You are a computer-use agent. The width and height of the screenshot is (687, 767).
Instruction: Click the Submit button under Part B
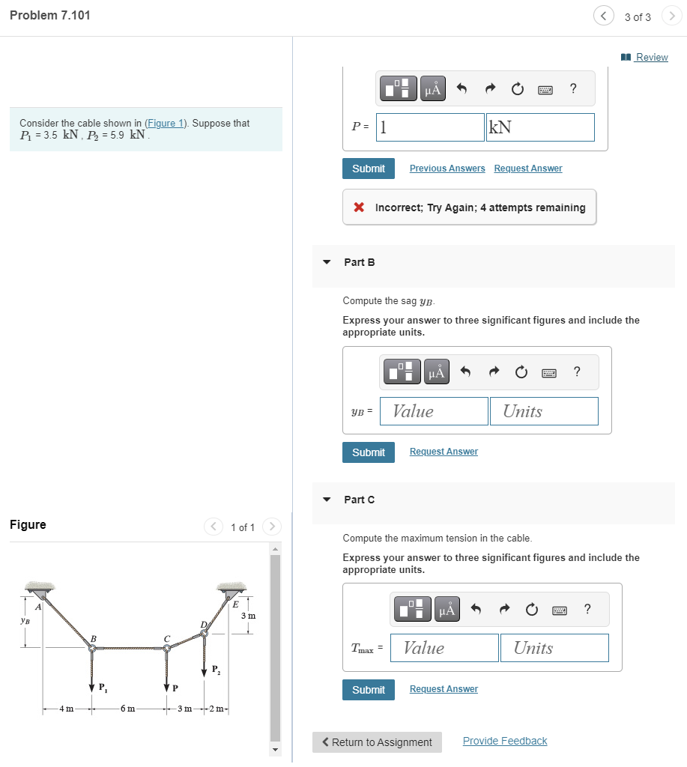tap(369, 452)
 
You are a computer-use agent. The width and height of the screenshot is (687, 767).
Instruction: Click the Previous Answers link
tap(447, 169)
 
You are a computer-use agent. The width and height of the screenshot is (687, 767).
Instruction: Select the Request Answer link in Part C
tap(444, 689)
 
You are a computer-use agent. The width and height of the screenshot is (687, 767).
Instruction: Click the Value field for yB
tap(434, 411)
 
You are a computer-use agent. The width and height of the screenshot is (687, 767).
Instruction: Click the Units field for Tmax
tap(554, 649)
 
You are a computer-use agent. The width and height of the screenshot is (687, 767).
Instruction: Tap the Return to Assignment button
tap(377, 742)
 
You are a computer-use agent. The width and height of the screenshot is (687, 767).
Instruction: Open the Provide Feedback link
tap(505, 741)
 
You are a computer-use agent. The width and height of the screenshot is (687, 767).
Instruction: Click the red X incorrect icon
tap(360, 207)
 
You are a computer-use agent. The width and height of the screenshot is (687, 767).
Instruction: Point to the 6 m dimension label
tap(128, 709)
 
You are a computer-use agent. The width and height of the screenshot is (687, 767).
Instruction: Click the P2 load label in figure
tap(216, 669)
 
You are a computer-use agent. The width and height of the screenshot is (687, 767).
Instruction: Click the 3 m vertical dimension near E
tap(248, 616)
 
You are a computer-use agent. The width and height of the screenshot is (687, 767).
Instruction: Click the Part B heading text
tap(360, 262)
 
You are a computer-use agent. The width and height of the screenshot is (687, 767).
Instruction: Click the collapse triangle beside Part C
tap(327, 500)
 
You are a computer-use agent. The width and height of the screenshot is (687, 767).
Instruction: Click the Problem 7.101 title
tap(50, 16)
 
